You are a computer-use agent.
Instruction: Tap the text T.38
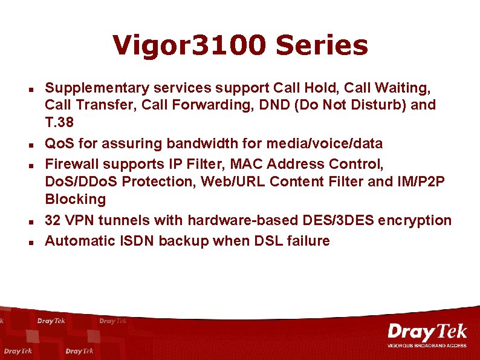pyautogui.click(x=59, y=123)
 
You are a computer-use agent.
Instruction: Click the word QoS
pyautogui.click(x=59, y=143)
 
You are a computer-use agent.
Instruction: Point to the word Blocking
pyautogui.click(x=75, y=199)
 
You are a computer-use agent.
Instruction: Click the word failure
pyautogui.click(x=309, y=241)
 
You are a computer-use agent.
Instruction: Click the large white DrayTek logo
pyautogui.click(x=427, y=332)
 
